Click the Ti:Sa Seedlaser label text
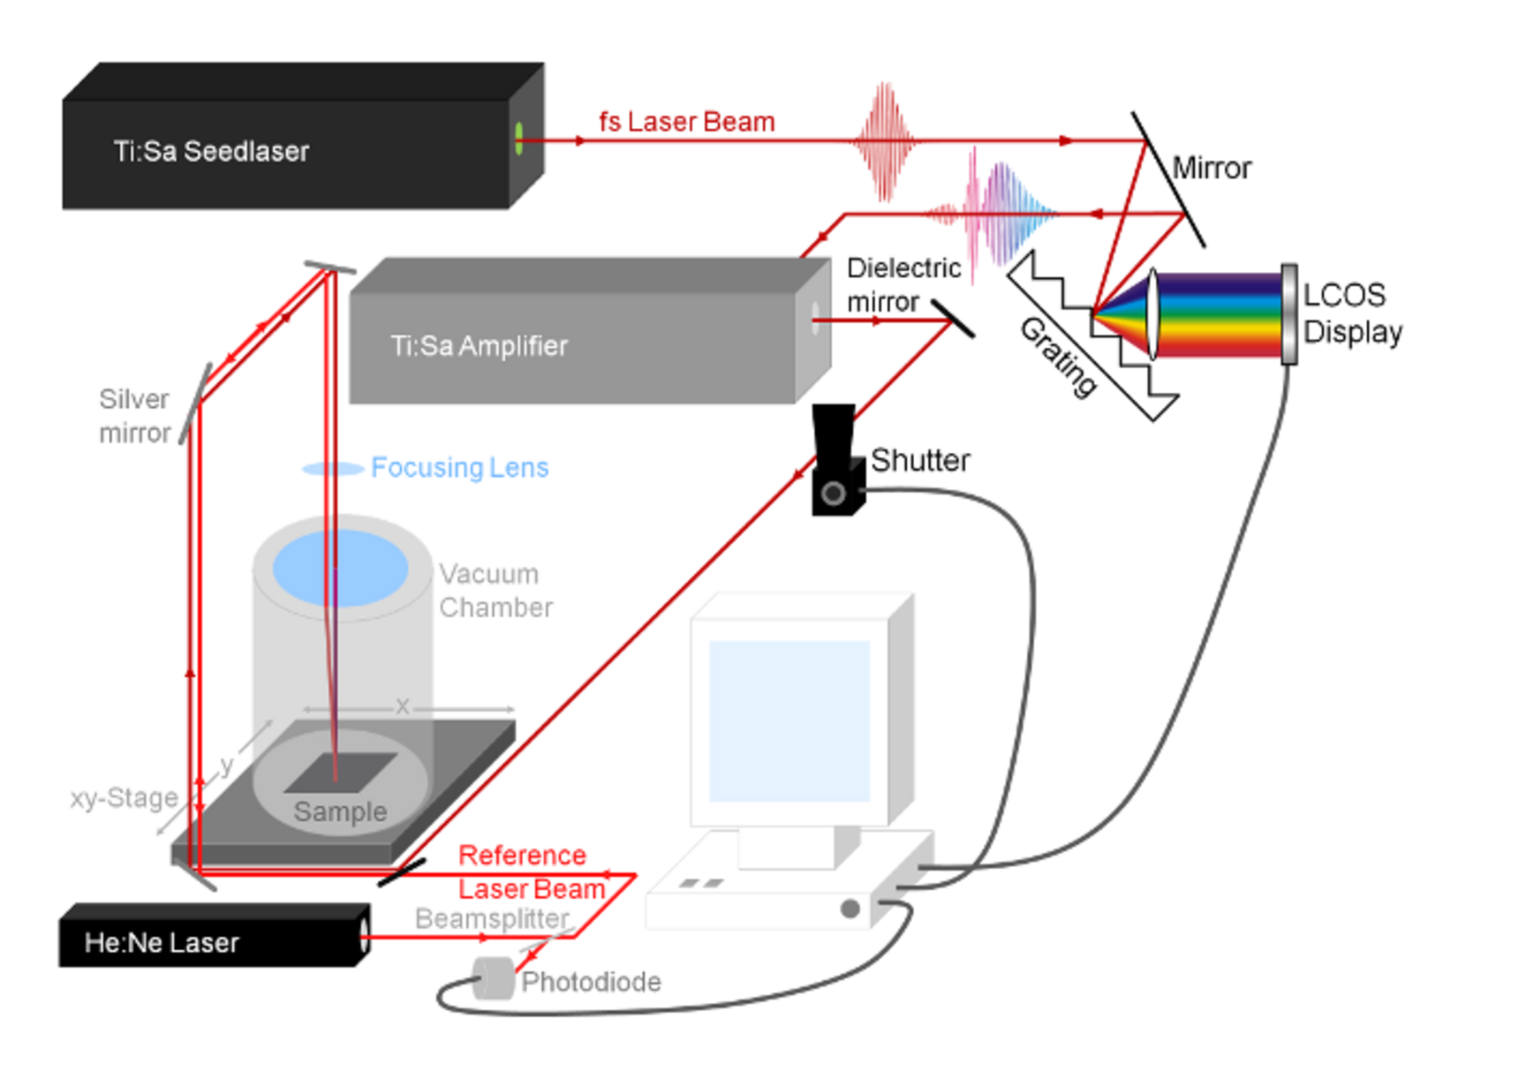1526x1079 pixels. click(x=211, y=151)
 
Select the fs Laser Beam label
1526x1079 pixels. click(x=686, y=122)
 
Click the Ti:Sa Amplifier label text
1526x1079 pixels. click(x=479, y=345)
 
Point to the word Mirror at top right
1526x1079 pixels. click(x=1211, y=168)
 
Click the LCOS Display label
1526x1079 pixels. click(x=1352, y=313)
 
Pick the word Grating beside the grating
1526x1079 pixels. click(x=1059, y=357)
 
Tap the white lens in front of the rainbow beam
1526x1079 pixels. click(x=1152, y=314)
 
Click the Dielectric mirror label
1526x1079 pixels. click(x=903, y=284)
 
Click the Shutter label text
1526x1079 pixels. click(x=920, y=460)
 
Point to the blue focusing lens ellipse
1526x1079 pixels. click(x=333, y=469)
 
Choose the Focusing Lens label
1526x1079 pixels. click(x=459, y=467)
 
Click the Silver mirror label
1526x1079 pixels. click(x=134, y=416)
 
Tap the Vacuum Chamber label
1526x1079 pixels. click(x=495, y=591)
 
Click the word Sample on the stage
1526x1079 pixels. click(x=340, y=811)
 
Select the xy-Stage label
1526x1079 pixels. click(x=124, y=798)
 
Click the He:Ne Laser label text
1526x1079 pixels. click(x=162, y=943)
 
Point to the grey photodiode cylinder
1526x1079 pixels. click(x=494, y=978)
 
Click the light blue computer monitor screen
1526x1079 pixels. click(x=789, y=721)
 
